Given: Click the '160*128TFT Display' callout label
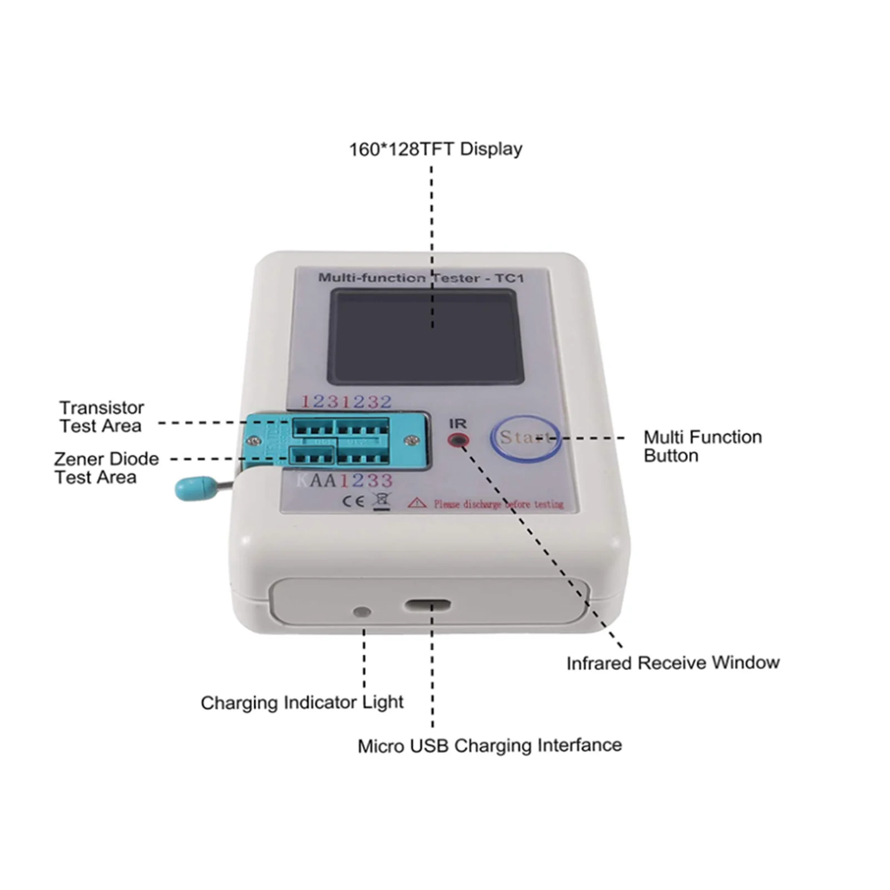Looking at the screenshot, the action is tap(436, 149).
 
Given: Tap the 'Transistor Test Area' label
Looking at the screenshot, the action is tap(101, 417).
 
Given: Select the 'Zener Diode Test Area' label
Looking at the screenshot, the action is tap(106, 468).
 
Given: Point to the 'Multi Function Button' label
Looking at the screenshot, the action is tap(702, 446).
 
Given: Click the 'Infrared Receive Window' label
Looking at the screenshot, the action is tap(673, 662).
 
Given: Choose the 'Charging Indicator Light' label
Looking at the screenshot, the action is tap(301, 702).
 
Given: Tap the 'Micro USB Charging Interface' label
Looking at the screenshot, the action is tap(489, 745).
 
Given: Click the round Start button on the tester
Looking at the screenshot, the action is tap(525, 438).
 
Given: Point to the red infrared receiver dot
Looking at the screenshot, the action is tap(458, 441).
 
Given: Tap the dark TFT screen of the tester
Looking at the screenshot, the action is tap(426, 337).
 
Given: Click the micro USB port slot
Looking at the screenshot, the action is tap(428, 605).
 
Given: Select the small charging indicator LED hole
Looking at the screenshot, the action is tap(362, 612).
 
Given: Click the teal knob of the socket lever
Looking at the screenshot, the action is tap(195, 488).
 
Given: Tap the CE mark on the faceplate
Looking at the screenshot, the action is tap(353, 501).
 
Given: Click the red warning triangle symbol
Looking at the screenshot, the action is tap(417, 503).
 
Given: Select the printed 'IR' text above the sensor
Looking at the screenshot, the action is tap(458, 424).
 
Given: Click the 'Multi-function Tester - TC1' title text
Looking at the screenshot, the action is tap(421, 278).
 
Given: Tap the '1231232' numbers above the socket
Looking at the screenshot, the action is tap(346, 401).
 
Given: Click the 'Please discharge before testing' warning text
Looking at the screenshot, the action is tap(498, 504).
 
